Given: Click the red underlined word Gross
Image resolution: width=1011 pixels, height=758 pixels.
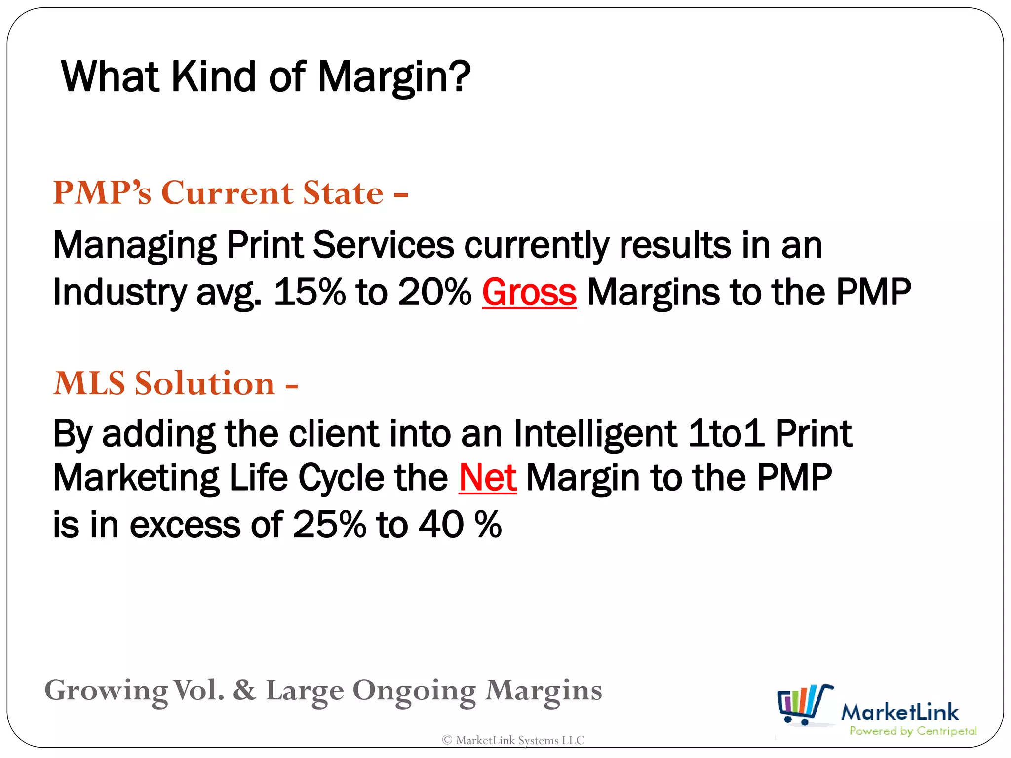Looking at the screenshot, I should point(529,292).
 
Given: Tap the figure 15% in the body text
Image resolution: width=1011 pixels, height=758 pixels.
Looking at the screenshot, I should point(310,292).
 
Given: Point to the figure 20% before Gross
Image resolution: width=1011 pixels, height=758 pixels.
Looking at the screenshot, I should point(434,292).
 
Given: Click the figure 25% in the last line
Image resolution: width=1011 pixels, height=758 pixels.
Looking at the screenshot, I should point(329,524).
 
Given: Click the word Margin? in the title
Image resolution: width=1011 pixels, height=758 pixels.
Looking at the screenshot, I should point(394,77).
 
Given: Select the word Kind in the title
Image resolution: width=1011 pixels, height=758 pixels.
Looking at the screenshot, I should point(213,77).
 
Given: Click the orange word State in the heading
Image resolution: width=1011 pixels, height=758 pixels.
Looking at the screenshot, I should point(343,192).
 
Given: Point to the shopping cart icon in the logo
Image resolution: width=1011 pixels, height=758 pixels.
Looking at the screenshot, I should point(805,705).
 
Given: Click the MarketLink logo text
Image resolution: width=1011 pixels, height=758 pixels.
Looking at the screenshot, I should point(899,712).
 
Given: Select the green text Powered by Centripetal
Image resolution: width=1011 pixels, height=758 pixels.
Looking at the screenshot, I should point(913,731).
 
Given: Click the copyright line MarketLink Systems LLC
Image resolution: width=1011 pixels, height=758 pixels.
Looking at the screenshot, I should point(513,740).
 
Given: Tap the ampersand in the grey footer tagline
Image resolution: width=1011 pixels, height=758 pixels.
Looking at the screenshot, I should point(245,690).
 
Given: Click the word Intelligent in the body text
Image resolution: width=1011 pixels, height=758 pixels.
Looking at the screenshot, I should point(595,434).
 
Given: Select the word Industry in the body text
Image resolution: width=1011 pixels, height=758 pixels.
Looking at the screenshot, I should point(119,292).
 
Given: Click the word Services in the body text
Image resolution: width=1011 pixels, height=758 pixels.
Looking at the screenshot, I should point(383,245).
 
